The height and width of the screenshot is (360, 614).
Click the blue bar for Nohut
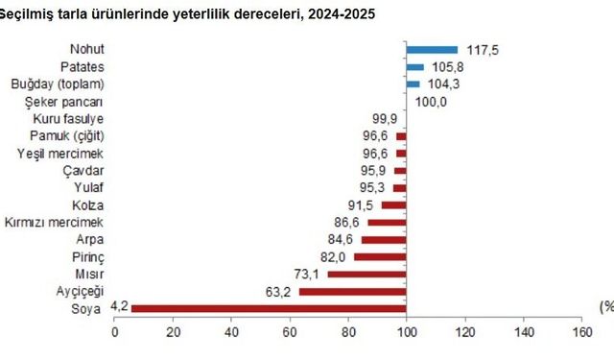[432, 49]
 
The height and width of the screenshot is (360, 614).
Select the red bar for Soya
[269, 308]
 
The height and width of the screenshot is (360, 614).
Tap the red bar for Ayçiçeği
[352, 291]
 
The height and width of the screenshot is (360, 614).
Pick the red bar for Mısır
[366, 274]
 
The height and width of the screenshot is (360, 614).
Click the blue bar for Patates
[414, 66]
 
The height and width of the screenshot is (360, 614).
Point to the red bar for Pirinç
[380, 256]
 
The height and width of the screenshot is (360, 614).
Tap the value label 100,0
[429, 101]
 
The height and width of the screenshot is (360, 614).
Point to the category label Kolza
[88, 204]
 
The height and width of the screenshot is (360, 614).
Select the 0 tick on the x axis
[116, 332]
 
